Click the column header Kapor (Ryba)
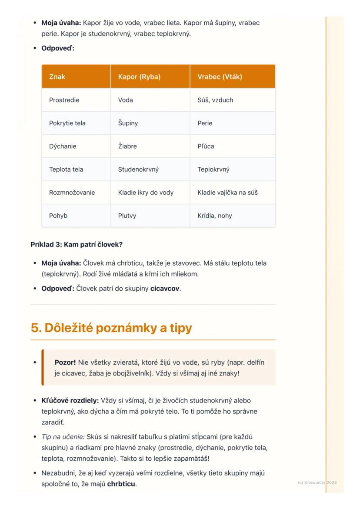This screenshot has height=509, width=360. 139,77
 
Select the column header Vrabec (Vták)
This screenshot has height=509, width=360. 220,77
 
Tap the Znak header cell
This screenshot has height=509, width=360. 57,77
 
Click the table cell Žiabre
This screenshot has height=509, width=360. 127,146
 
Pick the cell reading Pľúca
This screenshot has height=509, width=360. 206,146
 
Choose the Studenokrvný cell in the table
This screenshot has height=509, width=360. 138,169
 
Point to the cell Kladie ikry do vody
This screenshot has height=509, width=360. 146,192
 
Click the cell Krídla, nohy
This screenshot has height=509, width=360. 215,215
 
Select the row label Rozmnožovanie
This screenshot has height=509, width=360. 72,192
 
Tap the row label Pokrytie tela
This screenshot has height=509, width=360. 67,123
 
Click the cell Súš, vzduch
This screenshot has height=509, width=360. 215,100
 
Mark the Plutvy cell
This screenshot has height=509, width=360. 127,215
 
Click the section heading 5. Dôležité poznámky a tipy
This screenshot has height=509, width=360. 111,328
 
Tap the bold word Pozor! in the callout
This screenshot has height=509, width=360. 65,362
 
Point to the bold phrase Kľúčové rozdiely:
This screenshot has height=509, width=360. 70,400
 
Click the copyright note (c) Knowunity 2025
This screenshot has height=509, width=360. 317,482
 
